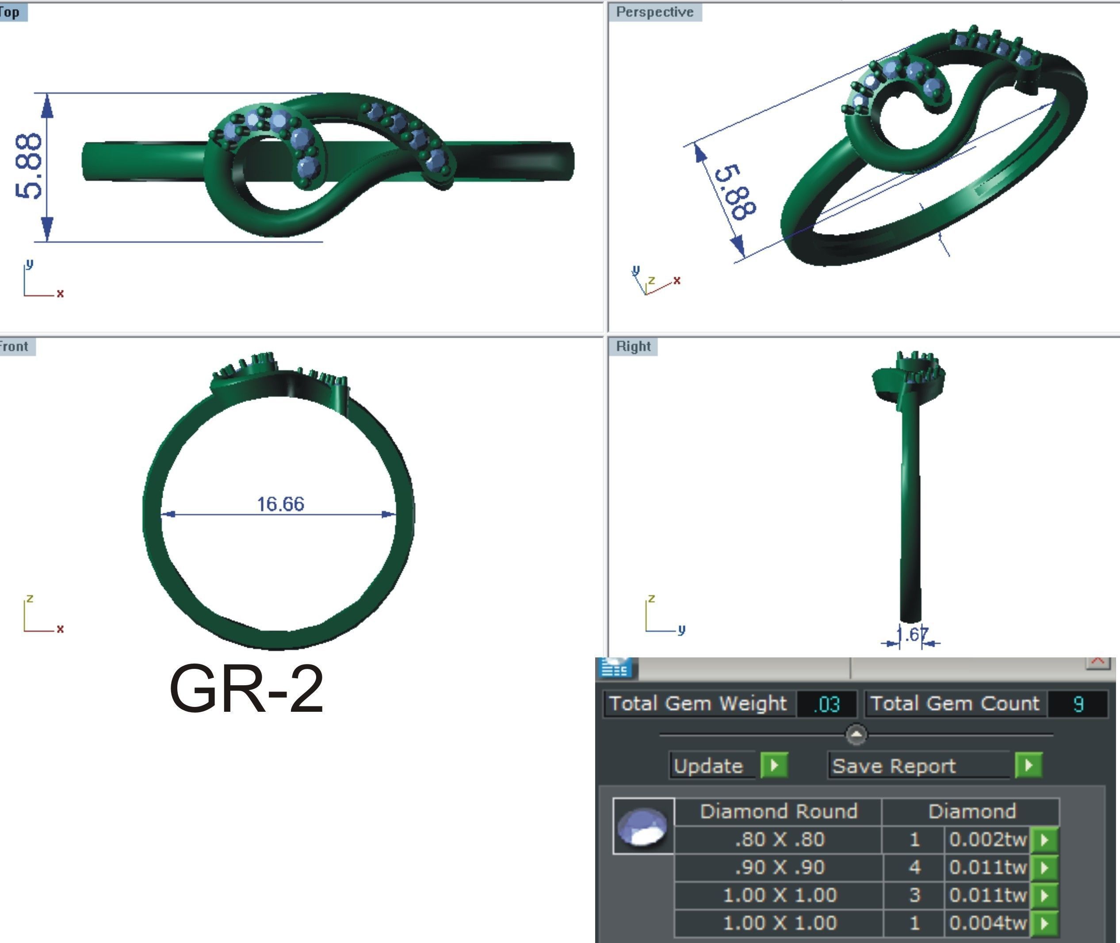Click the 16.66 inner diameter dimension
(280, 504)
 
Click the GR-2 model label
(246, 690)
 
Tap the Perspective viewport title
(654, 12)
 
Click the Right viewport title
(633, 347)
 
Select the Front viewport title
(15, 347)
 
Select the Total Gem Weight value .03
(826, 704)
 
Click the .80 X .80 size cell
(780, 839)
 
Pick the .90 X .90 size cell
(780, 867)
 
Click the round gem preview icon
(643, 826)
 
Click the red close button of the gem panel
(1097, 661)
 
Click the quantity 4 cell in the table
(914, 867)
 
